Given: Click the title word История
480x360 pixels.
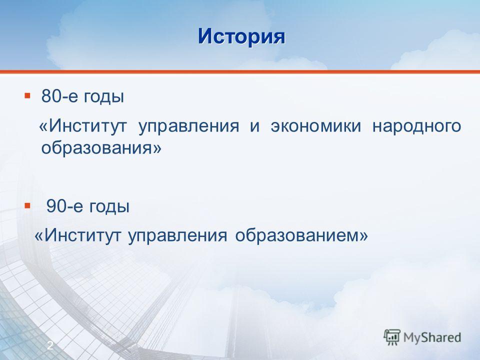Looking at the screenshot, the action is coord(241,37).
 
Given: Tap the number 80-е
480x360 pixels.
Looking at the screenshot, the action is coord(60,96).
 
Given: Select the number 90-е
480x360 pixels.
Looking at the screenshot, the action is coord(64,206).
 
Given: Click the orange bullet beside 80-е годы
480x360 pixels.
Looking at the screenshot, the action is coord(27,96).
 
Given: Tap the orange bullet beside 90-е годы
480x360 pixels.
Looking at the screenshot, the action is coord(27,205).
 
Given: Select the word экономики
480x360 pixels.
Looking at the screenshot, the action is coord(316,126).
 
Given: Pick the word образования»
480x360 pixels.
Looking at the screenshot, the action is coord(101,148).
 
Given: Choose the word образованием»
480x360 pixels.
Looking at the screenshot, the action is coord(301,235).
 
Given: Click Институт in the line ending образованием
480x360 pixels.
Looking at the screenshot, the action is coord(78,235).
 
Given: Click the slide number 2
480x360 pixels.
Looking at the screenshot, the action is coord(50,345).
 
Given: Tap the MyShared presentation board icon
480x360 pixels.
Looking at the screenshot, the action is coord(392,337).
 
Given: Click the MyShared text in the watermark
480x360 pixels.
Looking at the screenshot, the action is coord(432,337).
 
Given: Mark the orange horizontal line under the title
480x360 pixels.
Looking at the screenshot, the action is coord(240,72).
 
